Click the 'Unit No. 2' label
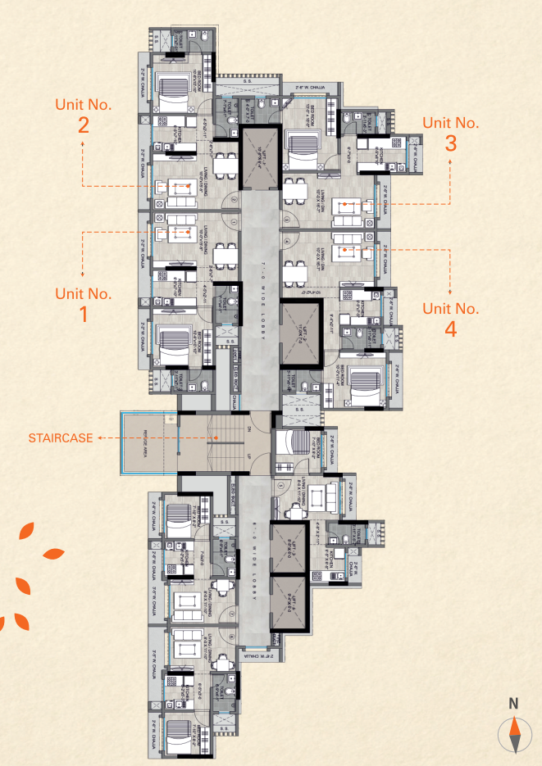[x=83, y=115]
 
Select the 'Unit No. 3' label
[x=450, y=132]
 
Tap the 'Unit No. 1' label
[x=83, y=302]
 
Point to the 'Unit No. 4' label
[x=450, y=318]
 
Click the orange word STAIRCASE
[x=58, y=438]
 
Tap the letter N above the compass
[x=513, y=703]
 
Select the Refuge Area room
[x=148, y=443]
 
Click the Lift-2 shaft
[x=298, y=333]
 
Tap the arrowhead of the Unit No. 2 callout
[x=83, y=143]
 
